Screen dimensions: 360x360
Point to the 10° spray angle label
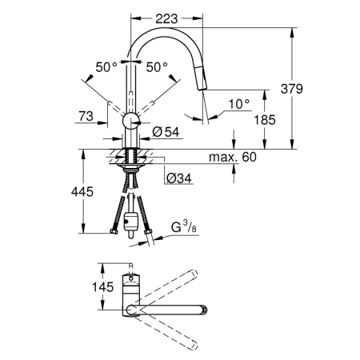tap(238, 103)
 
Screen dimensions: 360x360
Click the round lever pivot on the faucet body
tap(130, 121)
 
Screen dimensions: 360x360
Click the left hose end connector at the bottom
tap(110, 233)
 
